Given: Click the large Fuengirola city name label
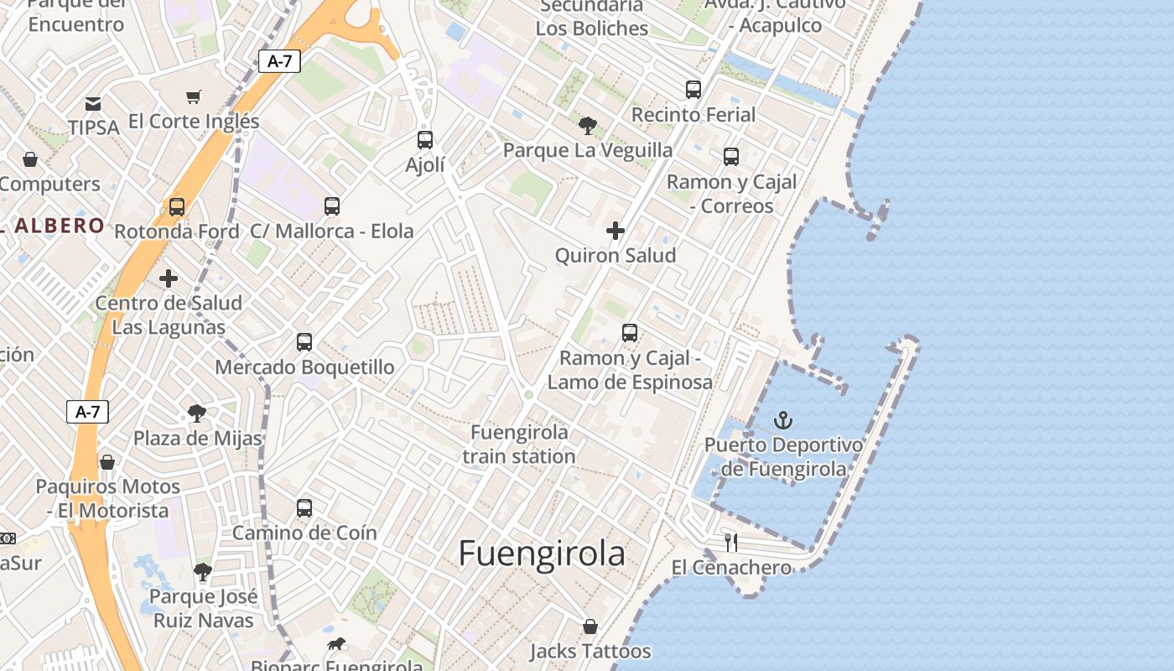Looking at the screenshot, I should (x=542, y=554).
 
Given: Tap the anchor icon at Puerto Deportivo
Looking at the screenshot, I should (x=783, y=420).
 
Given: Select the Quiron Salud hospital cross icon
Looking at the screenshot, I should (x=616, y=231).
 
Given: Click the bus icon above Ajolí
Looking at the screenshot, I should (x=425, y=140).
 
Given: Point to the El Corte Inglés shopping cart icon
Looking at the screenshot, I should (x=194, y=97).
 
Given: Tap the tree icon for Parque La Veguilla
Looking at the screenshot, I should (x=588, y=126).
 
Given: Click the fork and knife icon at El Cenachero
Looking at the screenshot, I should (x=731, y=543).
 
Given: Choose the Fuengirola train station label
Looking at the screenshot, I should (x=519, y=445).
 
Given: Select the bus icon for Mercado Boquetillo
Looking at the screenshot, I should (x=304, y=342).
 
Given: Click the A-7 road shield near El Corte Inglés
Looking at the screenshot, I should (x=279, y=60).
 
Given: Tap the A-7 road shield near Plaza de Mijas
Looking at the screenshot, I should (x=87, y=412).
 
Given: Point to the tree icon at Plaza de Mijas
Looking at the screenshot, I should (x=197, y=414).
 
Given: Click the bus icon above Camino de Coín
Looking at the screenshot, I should (x=304, y=507).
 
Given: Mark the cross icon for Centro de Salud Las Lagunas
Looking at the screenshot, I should (x=169, y=278).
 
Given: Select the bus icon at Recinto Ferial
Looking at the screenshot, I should (x=693, y=90).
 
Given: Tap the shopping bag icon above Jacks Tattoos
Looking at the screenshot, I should (x=590, y=627).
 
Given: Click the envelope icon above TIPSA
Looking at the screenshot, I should (x=93, y=104).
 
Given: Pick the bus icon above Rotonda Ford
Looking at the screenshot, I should (x=176, y=206).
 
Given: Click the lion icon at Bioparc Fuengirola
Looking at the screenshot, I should (x=336, y=644).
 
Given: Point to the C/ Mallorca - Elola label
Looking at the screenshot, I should (x=332, y=231).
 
